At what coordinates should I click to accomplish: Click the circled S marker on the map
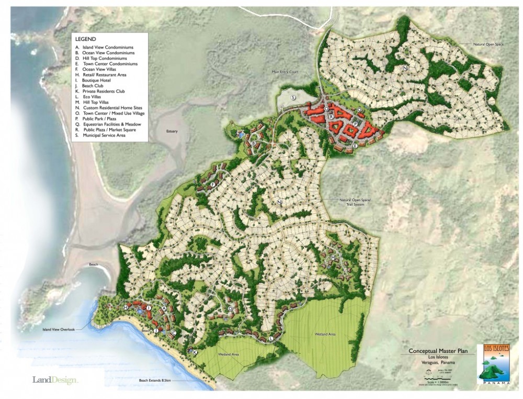293,97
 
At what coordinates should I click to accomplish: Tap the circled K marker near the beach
195,353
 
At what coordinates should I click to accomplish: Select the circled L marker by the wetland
271,338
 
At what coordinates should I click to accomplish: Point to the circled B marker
254,143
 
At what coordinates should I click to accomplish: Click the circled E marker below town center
355,145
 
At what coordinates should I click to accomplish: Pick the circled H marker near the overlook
126,308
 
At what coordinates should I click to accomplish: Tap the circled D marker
230,309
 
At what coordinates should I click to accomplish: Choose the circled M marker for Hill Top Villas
333,258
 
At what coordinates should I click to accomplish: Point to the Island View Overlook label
59,329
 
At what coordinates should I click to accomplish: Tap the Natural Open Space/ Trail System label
355,202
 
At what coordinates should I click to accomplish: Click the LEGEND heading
85,39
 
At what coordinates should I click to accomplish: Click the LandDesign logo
54,380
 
